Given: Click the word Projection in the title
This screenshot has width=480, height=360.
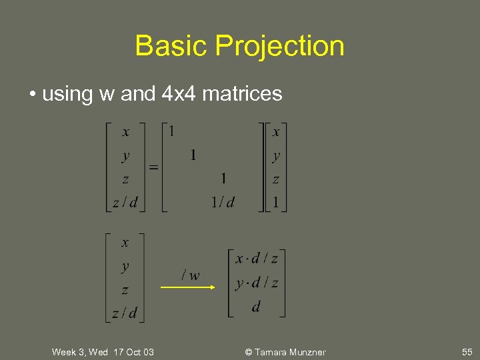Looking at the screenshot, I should click(279, 47).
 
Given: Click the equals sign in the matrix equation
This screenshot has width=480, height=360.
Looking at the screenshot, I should click(153, 167).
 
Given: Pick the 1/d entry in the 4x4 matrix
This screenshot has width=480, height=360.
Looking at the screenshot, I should click(222, 202).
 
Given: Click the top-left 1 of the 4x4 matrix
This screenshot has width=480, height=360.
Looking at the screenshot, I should click(171, 131).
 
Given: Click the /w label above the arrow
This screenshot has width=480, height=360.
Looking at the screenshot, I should click(191, 275).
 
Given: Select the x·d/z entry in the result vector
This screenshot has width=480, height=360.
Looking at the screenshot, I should click(256, 258).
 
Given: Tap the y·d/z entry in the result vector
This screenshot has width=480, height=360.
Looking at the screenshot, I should click(256, 283).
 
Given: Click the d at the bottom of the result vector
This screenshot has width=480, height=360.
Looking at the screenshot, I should click(256, 307).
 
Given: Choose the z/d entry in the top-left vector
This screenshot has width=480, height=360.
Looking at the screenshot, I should click(125, 202).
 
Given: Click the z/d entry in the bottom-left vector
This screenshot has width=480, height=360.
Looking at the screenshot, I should click(125, 313).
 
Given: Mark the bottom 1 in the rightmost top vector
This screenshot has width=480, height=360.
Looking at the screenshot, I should click(275, 202).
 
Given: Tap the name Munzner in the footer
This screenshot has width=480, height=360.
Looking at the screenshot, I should click(307, 352).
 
